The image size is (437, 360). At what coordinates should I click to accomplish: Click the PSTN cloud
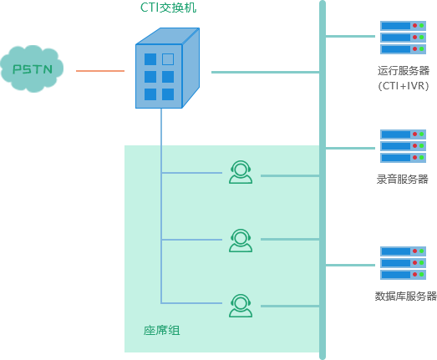tap(32, 68)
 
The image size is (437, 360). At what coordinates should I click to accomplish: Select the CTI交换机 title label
tap(168, 8)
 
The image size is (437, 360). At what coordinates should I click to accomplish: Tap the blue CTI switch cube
tap(167, 68)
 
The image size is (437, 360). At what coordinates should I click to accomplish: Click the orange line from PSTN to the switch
tap(100, 71)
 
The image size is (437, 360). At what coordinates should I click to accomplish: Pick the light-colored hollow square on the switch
tap(168, 59)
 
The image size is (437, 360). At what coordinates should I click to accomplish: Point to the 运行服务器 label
tap(404, 70)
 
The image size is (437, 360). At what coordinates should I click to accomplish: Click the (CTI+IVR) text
tap(404, 86)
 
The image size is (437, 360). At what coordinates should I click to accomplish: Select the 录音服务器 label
tap(403, 179)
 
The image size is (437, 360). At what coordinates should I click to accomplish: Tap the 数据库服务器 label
tap(405, 296)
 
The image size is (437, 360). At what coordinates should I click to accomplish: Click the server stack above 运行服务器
tap(403, 38)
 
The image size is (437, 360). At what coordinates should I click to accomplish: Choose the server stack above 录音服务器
tap(403, 146)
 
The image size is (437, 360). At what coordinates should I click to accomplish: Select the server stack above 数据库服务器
tap(403, 263)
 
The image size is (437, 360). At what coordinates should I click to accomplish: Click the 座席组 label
tap(161, 331)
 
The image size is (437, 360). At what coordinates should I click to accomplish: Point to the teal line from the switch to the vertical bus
tap(266, 72)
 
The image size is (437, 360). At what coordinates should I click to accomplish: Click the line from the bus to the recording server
tap(350, 148)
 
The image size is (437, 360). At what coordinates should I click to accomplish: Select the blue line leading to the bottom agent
tap(191, 303)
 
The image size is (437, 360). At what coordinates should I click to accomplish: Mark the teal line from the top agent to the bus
tap(290, 175)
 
